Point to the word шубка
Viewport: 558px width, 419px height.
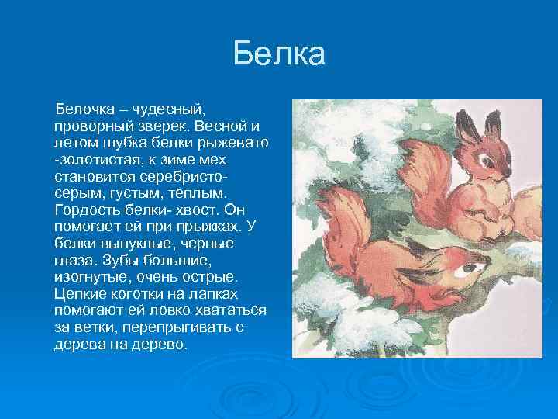click(112, 142)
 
